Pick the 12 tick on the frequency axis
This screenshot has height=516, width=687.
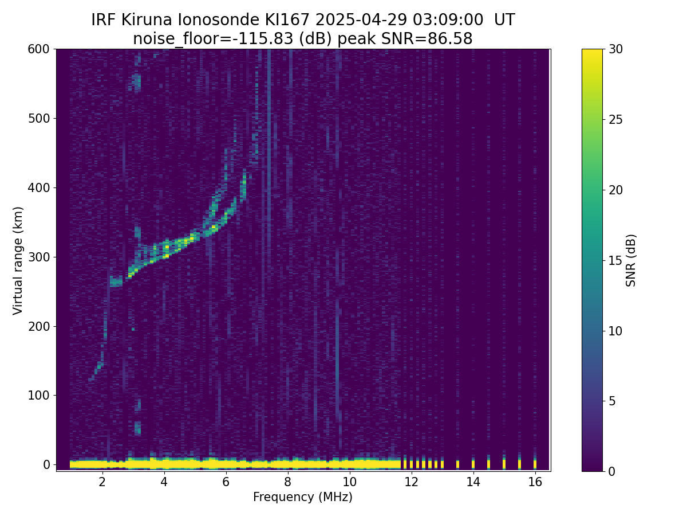[411, 471]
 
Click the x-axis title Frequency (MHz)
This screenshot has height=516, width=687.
[303, 497]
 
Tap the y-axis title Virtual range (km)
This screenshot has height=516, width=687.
[18, 260]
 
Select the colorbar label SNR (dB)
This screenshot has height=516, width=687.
[631, 260]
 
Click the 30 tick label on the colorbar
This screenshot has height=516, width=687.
[616, 49]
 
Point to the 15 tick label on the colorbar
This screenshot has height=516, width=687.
[616, 260]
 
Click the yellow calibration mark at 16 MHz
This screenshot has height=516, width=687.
[535, 463]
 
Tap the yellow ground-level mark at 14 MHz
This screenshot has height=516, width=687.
[473, 463]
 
